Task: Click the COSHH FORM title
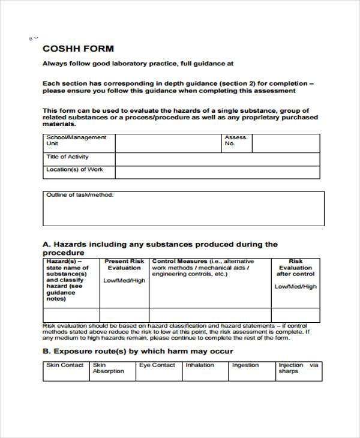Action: pyautogui.click(x=78, y=49)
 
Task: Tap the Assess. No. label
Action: pyautogui.click(x=236, y=140)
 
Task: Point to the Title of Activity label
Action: pyautogui.click(x=67, y=157)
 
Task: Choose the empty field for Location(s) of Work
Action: pyautogui.click(x=217, y=172)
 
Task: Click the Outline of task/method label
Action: pyautogui.click(x=80, y=195)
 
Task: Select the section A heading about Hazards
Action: pyautogui.click(x=160, y=248)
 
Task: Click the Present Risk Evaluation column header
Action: pyautogui.click(x=124, y=265)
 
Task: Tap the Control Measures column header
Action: pyautogui.click(x=203, y=268)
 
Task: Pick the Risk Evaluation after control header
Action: pyautogui.click(x=295, y=268)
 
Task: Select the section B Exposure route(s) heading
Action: pyautogui.click(x=138, y=351)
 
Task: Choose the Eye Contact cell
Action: pyautogui.click(x=157, y=365)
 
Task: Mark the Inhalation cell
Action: pyautogui.click(x=200, y=365)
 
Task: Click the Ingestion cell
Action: pyautogui.click(x=245, y=365)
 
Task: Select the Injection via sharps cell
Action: pyautogui.click(x=298, y=368)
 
